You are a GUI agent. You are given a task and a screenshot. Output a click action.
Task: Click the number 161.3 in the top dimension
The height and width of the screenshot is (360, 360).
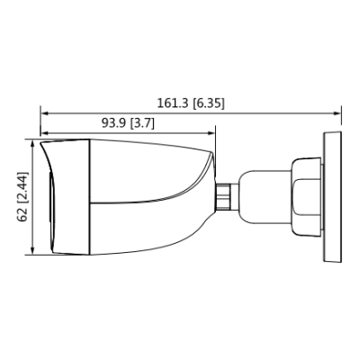[172, 103]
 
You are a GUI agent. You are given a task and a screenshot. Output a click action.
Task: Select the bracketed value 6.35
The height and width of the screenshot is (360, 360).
[209, 103]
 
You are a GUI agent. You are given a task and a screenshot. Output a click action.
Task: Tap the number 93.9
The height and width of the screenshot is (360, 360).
[111, 123]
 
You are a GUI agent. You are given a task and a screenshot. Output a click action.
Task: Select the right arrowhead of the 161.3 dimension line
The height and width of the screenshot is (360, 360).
[337, 113]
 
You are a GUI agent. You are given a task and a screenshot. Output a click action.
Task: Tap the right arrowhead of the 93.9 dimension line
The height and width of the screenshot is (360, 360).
[211, 134]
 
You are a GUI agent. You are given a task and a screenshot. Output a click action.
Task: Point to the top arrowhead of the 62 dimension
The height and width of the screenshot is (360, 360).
[33, 144]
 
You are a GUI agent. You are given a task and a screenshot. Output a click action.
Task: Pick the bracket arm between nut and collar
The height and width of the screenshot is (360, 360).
[261, 194]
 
